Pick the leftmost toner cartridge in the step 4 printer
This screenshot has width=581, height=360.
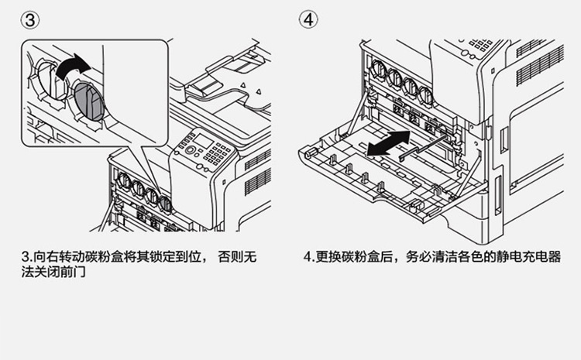coord(379,75)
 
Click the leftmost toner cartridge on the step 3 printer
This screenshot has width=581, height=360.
coord(122,182)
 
